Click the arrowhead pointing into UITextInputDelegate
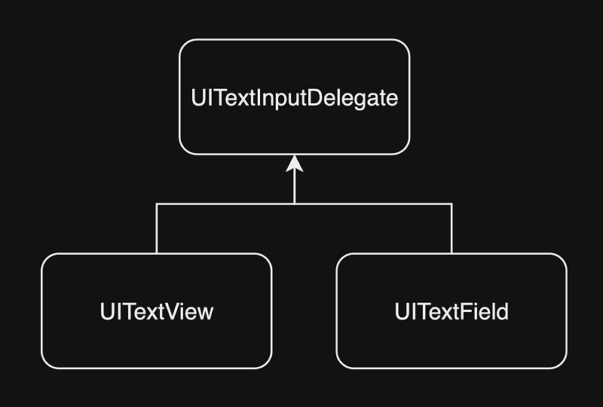pyautogui.click(x=294, y=163)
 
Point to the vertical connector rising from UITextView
pyautogui.click(x=156, y=229)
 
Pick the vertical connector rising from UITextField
pyautogui.click(x=451, y=229)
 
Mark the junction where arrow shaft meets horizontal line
pyautogui.click(x=294, y=203)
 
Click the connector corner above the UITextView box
pyautogui.click(x=156, y=203)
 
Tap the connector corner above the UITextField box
pyautogui.click(x=451, y=203)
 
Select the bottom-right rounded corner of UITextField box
pyautogui.click(x=560, y=363)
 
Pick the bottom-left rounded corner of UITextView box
pyautogui.click(x=47, y=363)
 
